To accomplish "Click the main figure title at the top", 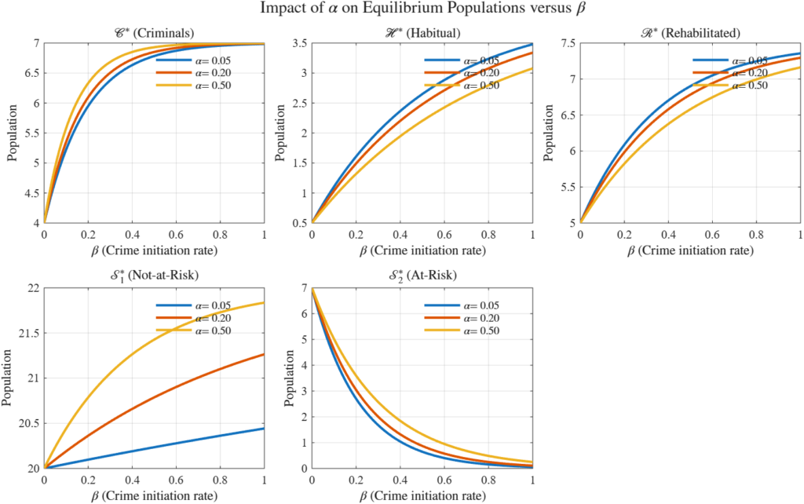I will [x=402, y=10].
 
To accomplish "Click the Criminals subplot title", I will [x=154, y=33].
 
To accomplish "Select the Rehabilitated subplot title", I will [x=690, y=33].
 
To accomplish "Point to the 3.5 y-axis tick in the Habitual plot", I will [x=299, y=43].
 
